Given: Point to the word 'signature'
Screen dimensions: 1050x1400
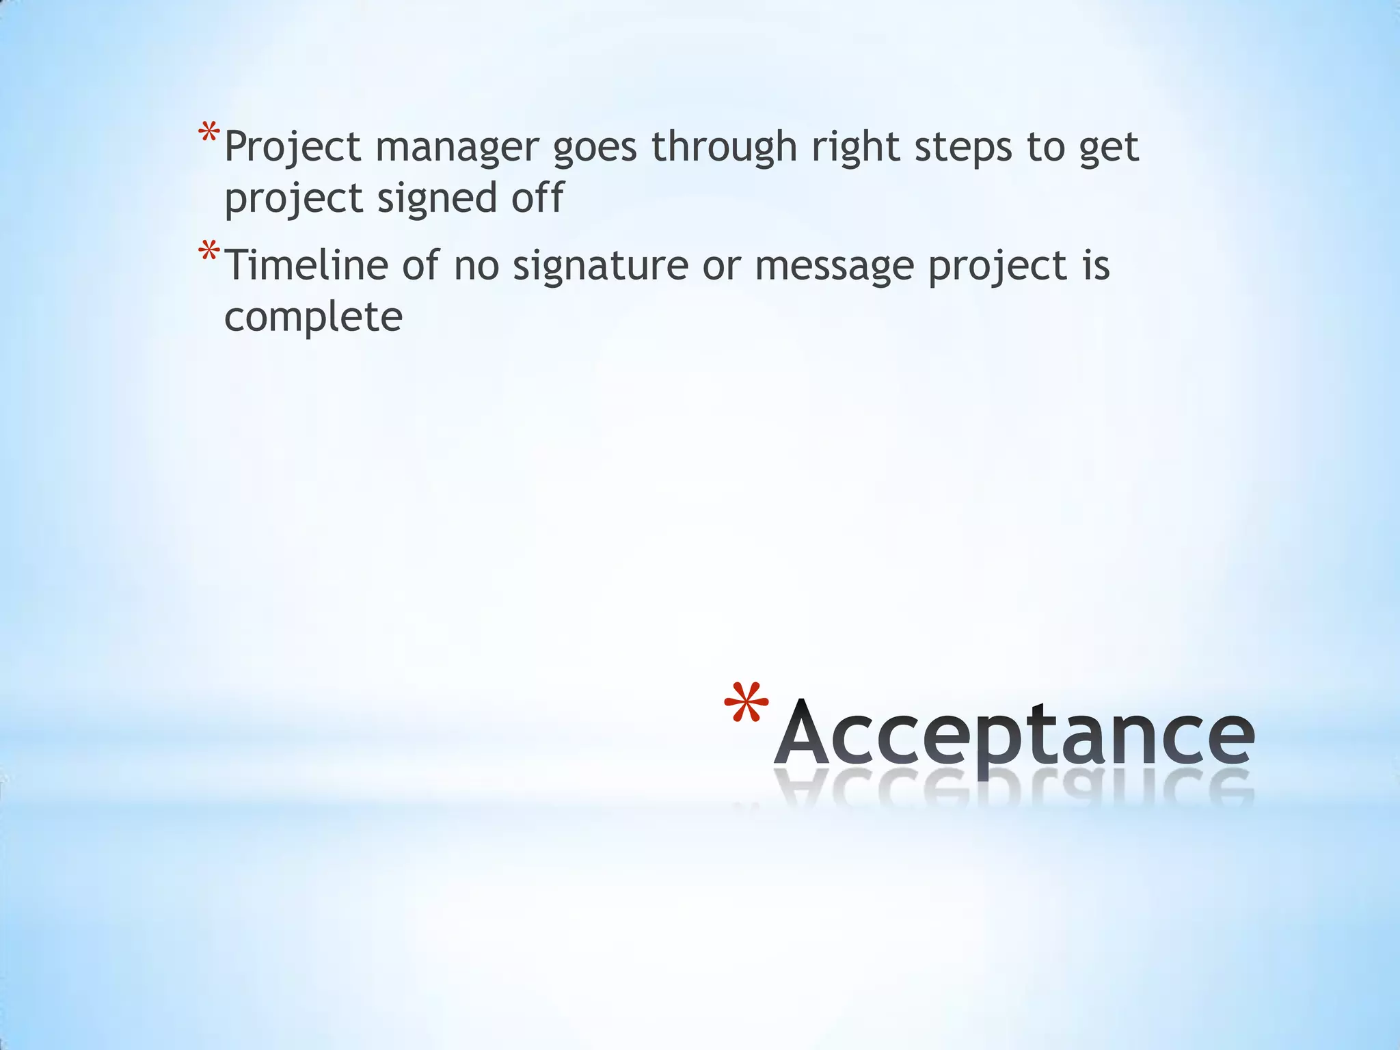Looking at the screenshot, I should point(601,267).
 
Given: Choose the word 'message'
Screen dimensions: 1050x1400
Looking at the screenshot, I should point(835,267).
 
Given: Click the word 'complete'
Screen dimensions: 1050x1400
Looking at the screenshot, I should point(314,319).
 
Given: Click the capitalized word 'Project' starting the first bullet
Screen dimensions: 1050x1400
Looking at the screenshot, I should point(293,148).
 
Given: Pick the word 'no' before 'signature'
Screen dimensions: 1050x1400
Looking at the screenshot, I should point(476,267).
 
